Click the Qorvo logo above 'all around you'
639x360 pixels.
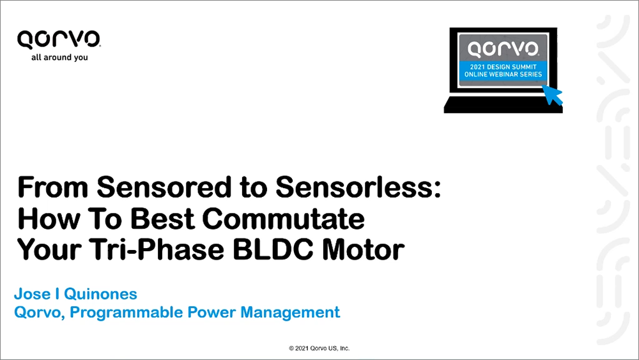[59, 40]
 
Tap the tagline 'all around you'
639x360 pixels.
[59, 58]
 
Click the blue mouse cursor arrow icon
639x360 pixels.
[552, 95]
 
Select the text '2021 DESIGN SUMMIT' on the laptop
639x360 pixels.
[504, 67]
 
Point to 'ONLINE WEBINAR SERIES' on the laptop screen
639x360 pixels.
[504, 74]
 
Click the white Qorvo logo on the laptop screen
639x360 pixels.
[504, 49]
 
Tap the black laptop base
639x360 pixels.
[504, 105]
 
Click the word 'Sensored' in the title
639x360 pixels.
[164, 187]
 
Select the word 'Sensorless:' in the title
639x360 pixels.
[358, 187]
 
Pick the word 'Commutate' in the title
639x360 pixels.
[283, 219]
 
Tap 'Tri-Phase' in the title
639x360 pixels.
[157, 250]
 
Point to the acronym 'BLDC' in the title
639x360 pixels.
[273, 250]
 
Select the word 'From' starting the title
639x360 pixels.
[53, 187]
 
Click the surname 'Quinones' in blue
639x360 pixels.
[101, 294]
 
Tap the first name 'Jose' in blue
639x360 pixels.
[32, 294]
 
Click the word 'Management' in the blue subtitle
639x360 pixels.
[290, 313]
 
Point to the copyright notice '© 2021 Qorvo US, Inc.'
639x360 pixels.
[319, 348]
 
